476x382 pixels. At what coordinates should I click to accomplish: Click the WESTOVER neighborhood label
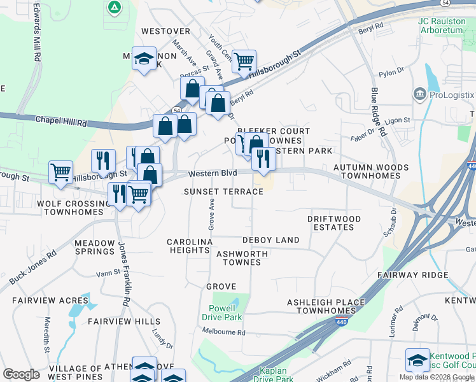[x=165, y=31]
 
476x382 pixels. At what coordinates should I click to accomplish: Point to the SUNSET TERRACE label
[x=223, y=192]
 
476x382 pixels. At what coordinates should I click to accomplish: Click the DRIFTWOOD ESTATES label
[x=334, y=223]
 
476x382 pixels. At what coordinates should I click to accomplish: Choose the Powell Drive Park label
[x=222, y=312]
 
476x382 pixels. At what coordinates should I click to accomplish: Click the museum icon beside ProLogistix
[x=419, y=95]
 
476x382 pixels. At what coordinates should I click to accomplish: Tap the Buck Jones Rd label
[x=32, y=267]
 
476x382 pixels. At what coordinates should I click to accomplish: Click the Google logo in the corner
[x=21, y=374]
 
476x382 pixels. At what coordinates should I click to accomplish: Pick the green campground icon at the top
[x=115, y=8]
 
